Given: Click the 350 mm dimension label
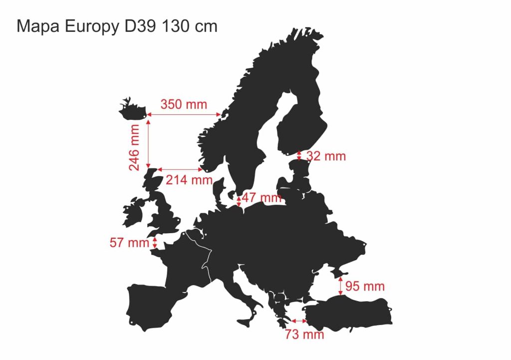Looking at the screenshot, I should point(183,105).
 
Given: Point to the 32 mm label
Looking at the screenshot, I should point(326,156).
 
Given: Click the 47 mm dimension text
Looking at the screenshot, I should point(262,198).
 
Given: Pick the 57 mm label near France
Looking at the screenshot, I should point(129,243).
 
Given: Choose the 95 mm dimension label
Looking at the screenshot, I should point(365,287).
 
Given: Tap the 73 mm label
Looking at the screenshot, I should point(304,335).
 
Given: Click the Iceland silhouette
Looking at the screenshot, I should point(132,109).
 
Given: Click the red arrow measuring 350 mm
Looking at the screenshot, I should point(184,115).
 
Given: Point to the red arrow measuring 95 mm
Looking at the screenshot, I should point(341,286).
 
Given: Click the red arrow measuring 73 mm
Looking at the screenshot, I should point(299,321).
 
